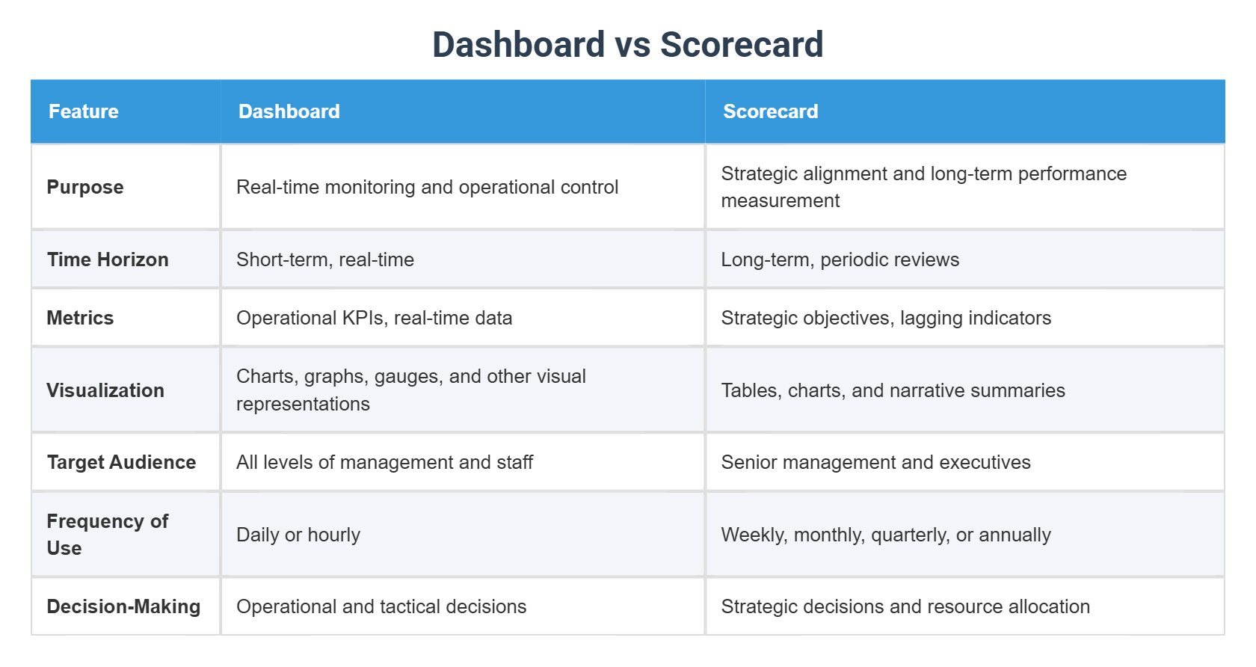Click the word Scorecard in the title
pyautogui.click(x=741, y=45)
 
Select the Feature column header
pyautogui.click(x=84, y=111)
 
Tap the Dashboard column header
pyautogui.click(x=289, y=111)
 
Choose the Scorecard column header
pyautogui.click(x=770, y=111)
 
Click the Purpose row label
pyautogui.click(x=85, y=187)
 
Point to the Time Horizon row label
pyautogui.click(x=108, y=259)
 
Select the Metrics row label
pyautogui.click(x=80, y=318)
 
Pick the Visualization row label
pyautogui.click(x=105, y=390)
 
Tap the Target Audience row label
pyautogui.click(x=121, y=462)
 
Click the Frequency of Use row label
pyautogui.click(x=107, y=534)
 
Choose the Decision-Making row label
pyautogui.click(x=123, y=606)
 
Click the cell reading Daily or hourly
pyautogui.click(x=298, y=535)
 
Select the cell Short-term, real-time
pyautogui.click(x=325, y=259)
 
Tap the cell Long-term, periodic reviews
pyautogui.click(x=840, y=259)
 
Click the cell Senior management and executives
pyautogui.click(x=875, y=462)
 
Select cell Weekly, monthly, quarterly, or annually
pyautogui.click(x=886, y=535)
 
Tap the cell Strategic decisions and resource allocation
pyautogui.click(x=905, y=606)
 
